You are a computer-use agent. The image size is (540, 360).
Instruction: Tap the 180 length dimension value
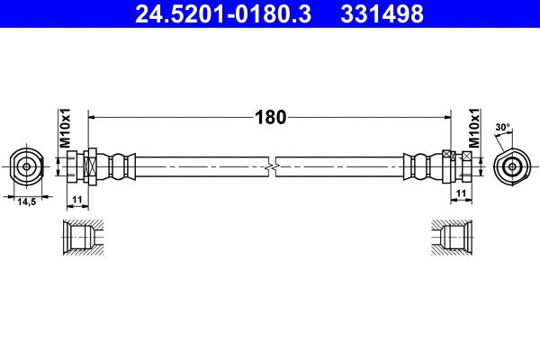270,116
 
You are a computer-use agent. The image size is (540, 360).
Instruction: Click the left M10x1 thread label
64,130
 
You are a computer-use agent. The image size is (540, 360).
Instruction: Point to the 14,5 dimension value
27,202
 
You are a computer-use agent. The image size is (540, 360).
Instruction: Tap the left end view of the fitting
27,166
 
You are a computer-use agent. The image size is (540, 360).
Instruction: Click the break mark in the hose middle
271,166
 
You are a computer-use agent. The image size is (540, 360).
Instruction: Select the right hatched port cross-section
455,238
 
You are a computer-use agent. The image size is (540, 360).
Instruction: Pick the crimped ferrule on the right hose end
421,166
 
